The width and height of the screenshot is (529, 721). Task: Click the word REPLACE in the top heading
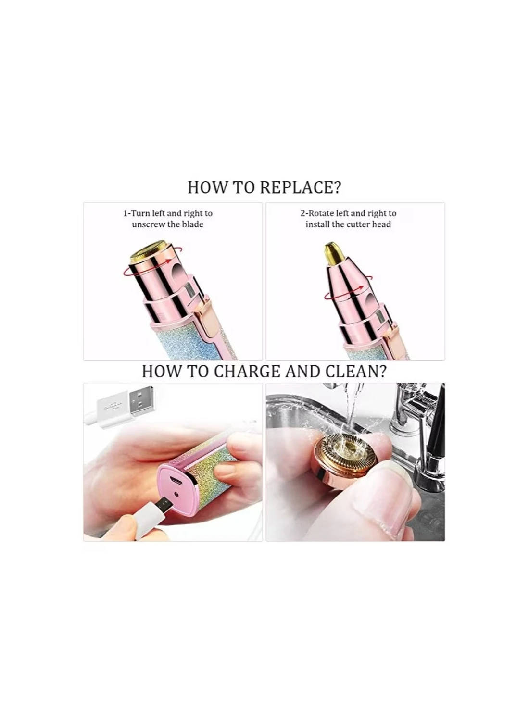click(301, 187)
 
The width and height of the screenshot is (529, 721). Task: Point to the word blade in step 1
click(192, 224)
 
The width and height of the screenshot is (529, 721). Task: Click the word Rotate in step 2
click(322, 213)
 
